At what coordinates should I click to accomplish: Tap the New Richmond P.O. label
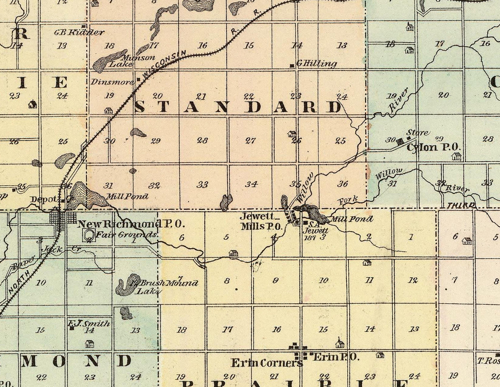coord(131,224)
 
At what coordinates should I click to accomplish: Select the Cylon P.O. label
coord(433,147)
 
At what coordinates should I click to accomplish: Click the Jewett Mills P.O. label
coord(261,222)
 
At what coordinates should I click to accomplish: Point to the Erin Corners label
coord(266,363)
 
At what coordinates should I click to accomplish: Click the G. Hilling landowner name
coord(316,64)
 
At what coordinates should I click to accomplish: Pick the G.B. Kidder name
coord(79,32)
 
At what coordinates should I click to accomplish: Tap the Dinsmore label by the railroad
coord(112,82)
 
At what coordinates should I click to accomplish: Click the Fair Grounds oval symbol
coord(89,235)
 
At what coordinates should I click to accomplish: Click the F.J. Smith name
coord(89,323)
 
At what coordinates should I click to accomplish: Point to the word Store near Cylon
coord(417,133)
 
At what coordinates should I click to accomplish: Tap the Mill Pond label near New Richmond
coord(127,197)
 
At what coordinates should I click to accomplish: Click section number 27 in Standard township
coord(250,141)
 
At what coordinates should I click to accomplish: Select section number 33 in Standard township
coord(202,184)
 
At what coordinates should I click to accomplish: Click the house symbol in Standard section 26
coord(292,134)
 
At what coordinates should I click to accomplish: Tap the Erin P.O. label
coord(336,357)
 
